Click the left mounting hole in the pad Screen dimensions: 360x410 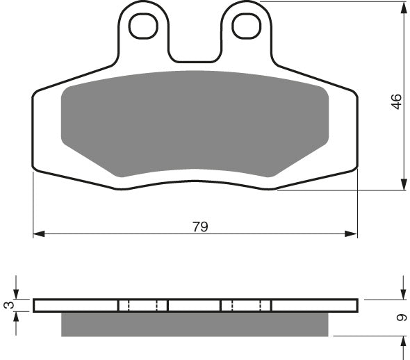145,26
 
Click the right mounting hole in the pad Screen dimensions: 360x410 245,26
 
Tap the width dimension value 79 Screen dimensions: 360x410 199,227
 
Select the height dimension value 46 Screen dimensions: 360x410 395,101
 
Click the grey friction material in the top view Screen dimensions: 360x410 195,122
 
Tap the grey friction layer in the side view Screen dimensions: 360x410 195,324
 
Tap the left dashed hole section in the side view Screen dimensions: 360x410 143,305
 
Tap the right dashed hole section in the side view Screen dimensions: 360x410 245,305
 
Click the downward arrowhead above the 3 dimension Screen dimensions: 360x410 17,295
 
